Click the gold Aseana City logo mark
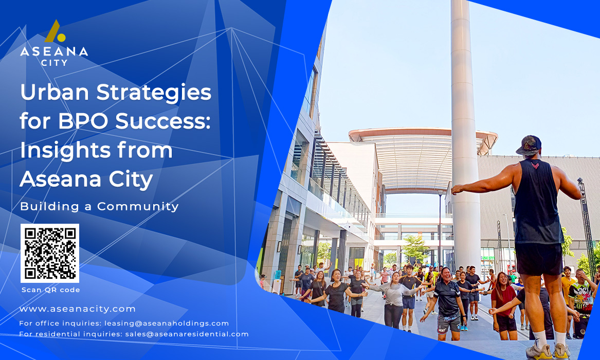(x=54, y=31)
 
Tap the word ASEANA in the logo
(x=54, y=51)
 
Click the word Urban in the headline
(x=54, y=92)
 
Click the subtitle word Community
(x=138, y=207)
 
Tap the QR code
(x=50, y=253)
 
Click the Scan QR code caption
(x=51, y=290)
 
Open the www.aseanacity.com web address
(x=78, y=309)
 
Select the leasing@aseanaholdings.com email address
(x=167, y=323)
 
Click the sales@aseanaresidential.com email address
(x=187, y=334)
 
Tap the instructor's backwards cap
(x=529, y=146)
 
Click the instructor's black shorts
(x=539, y=259)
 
